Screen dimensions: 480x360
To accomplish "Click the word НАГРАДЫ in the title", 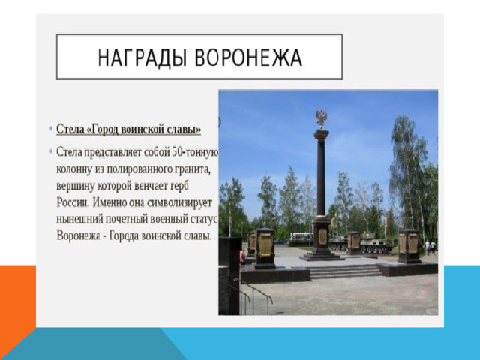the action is pos(142,58).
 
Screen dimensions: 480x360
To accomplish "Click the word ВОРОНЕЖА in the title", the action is pos(248,58).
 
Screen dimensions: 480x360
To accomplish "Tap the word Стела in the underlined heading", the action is pos(70,129).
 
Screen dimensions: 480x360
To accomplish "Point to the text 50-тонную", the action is pos(195,152).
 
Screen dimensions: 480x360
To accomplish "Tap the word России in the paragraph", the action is pos(73,202).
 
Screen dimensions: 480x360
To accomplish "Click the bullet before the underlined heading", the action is pos(51,128).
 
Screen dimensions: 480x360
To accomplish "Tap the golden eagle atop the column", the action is pos(321,118).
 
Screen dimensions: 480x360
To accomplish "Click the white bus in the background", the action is pos(301,237).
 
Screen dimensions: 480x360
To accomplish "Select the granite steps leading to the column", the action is pos(345,271).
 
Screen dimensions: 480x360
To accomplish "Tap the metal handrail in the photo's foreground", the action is pos(253,295).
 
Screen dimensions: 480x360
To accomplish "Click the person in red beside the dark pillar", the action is pos(243,255).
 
